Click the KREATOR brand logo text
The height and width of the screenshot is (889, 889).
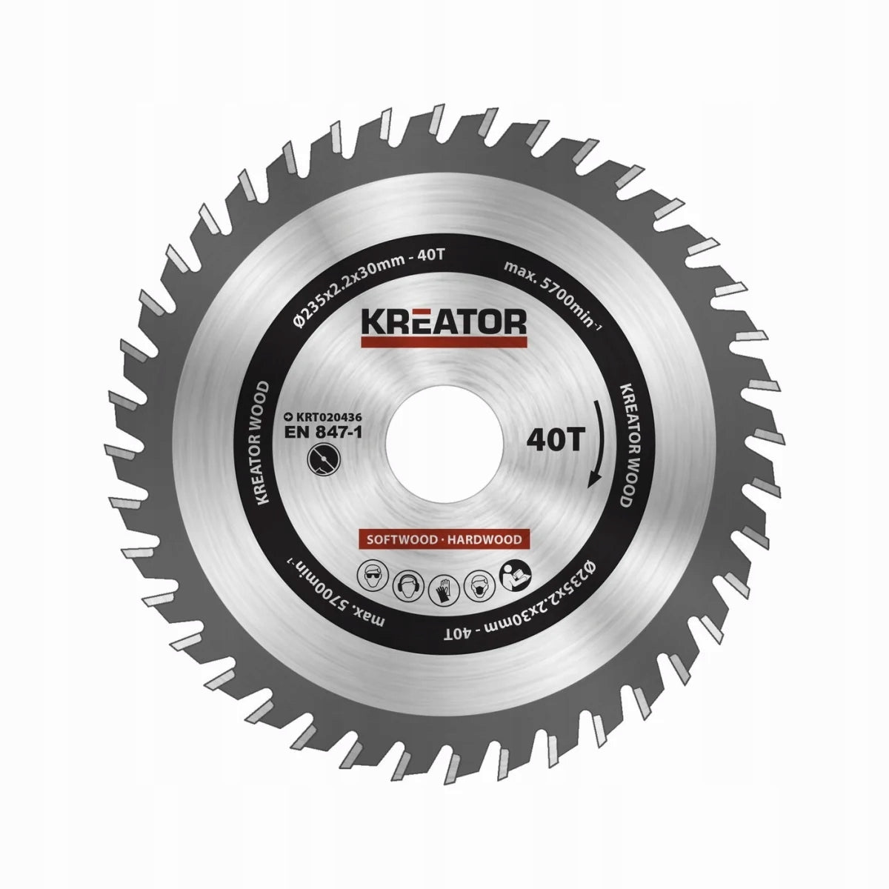(443, 322)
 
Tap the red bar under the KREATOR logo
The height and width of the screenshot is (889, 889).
(443, 342)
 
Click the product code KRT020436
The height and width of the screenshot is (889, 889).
(322, 416)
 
